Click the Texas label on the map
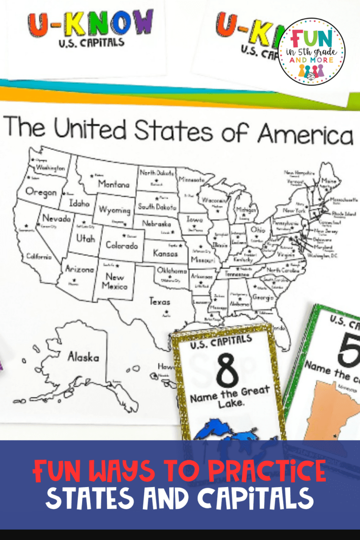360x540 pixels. click(x=159, y=301)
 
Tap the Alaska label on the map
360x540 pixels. click(x=83, y=357)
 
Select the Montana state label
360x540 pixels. click(x=113, y=184)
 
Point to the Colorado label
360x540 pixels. click(x=122, y=245)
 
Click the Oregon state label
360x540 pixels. click(x=41, y=192)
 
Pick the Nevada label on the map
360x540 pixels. click(x=56, y=218)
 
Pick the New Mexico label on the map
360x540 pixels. click(x=114, y=281)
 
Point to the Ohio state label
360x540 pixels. click(x=258, y=230)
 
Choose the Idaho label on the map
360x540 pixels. click(x=79, y=204)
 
